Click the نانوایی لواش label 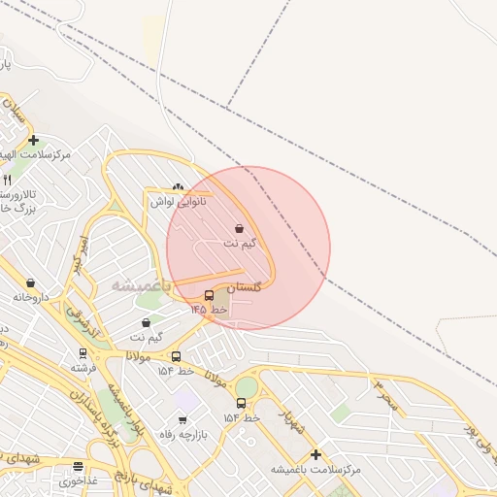(x=175, y=201)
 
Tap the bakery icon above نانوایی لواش (x=177, y=187)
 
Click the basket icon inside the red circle (x=240, y=229)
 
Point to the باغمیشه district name (x=141, y=285)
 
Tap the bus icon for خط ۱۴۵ (x=210, y=295)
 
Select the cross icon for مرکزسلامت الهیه (x=34, y=141)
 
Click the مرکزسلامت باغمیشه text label (x=316, y=469)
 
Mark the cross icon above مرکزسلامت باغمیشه (x=315, y=454)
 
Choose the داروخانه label (x=33, y=296)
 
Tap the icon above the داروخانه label (x=31, y=282)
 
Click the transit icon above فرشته (x=83, y=354)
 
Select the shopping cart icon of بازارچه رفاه (x=183, y=420)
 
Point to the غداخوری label (x=78, y=480)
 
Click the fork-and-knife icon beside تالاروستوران (x=7, y=180)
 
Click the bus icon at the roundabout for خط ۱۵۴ (x=241, y=403)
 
